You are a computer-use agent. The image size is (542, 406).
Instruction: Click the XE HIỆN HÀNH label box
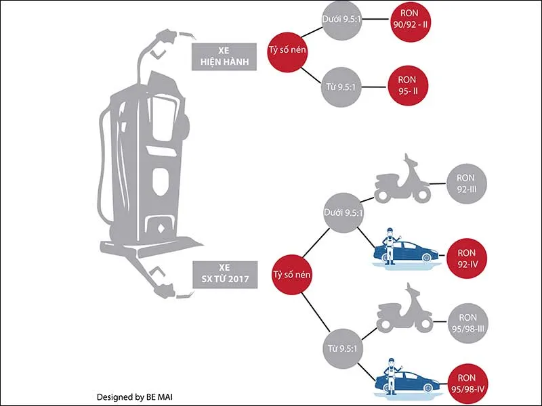click(x=221, y=55)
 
